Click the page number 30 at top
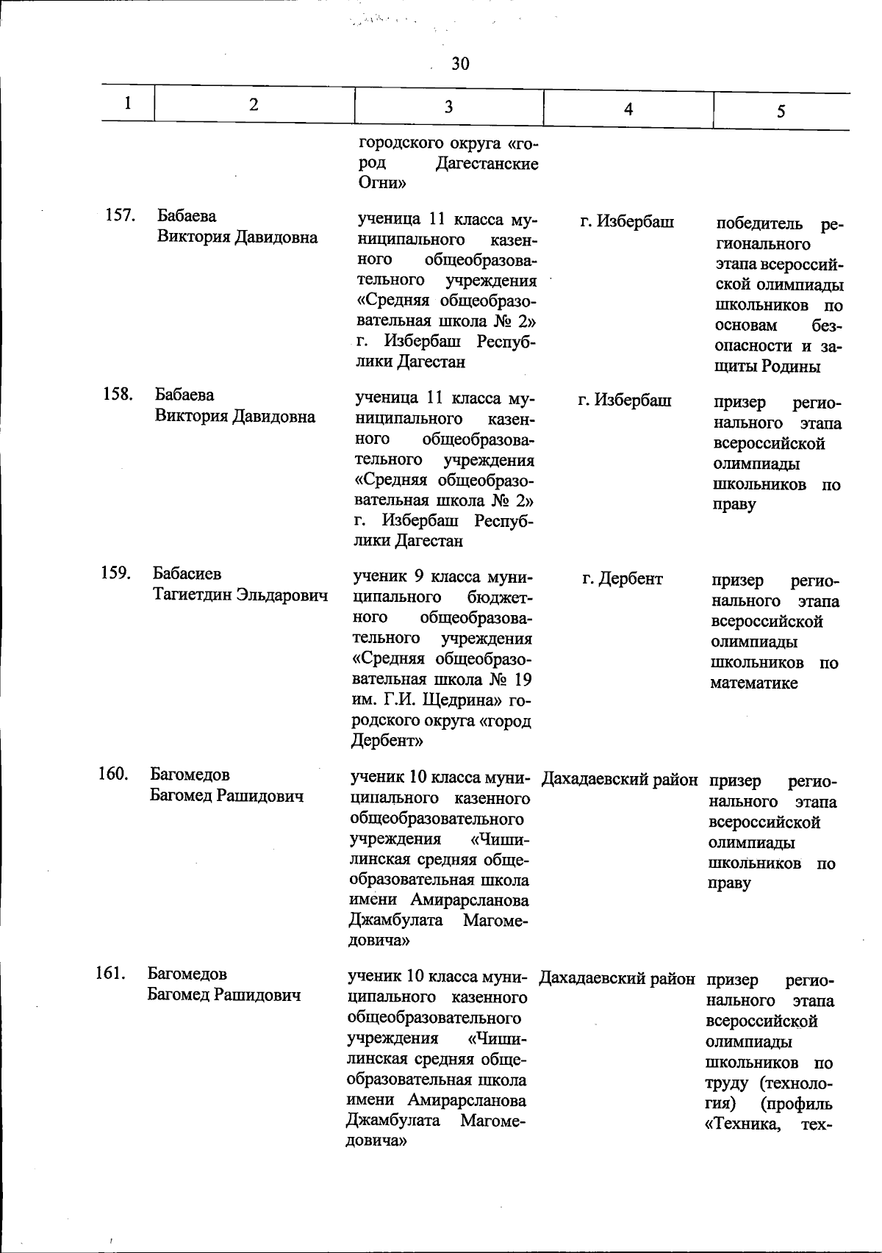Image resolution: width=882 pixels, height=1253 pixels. (x=460, y=64)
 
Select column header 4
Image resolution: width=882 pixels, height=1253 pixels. (x=628, y=109)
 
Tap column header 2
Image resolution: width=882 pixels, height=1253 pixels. (x=254, y=104)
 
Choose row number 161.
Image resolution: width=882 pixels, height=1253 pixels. (x=111, y=974)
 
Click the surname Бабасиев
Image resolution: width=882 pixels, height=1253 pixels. (x=187, y=573)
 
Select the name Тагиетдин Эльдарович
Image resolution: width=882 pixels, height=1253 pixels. (x=240, y=595)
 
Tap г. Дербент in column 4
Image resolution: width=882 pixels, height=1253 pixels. (x=623, y=579)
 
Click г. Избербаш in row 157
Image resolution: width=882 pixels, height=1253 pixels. (x=627, y=220)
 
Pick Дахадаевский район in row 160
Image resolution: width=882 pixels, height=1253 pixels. (x=620, y=779)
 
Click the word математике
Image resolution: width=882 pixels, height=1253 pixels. (x=753, y=683)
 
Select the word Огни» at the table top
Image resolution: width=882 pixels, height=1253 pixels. (x=382, y=183)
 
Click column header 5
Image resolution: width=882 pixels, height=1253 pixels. (x=781, y=111)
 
